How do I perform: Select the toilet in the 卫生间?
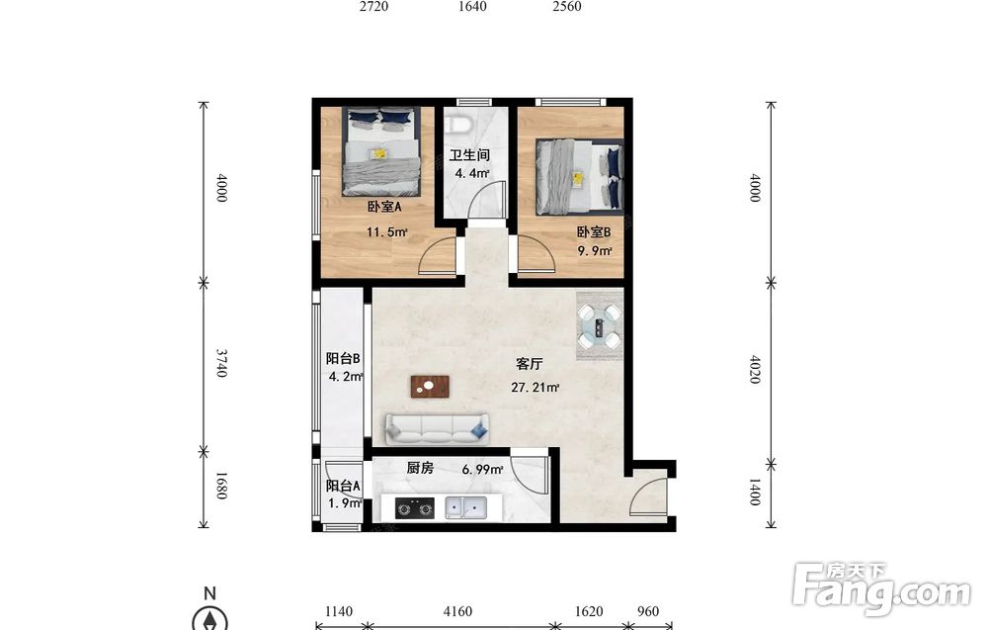point(457,123)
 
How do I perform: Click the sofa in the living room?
point(437,429)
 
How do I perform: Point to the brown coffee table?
point(430,387)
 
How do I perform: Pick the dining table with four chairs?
point(600,326)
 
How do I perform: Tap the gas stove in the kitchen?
point(415,507)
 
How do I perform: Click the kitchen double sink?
point(465,507)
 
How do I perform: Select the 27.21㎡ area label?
point(535,388)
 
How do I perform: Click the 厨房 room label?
point(420,468)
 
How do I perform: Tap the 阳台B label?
point(343,358)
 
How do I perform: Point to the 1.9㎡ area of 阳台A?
point(344,503)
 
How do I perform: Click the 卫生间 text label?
point(468,155)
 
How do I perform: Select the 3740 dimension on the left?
point(221,363)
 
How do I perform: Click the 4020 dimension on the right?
point(755,369)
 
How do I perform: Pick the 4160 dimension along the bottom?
point(457,611)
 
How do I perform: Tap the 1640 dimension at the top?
point(472,6)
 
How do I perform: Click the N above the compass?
point(209,592)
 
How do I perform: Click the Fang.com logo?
point(881,587)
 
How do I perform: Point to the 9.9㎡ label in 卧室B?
point(595,251)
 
